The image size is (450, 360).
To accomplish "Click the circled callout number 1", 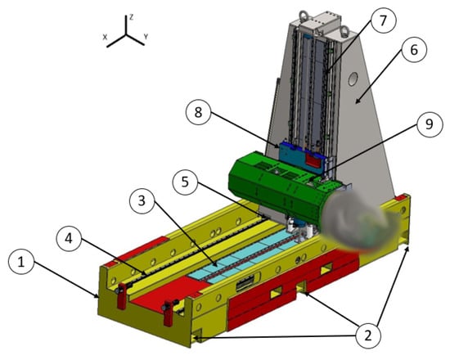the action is point(21,262).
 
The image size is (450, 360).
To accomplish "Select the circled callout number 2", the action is point(368,335).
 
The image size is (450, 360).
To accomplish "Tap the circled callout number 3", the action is point(142,201).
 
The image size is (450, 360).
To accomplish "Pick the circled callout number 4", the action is point(69,239).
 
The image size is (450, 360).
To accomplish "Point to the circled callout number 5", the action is point(185,182).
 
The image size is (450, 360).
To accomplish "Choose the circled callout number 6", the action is point(414,50).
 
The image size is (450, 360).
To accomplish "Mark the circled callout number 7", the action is point(383,20).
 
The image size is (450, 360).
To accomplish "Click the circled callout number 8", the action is point(198,112).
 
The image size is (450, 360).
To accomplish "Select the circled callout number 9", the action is point(430,124).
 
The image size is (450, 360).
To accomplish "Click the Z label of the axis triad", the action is point(131,17).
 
